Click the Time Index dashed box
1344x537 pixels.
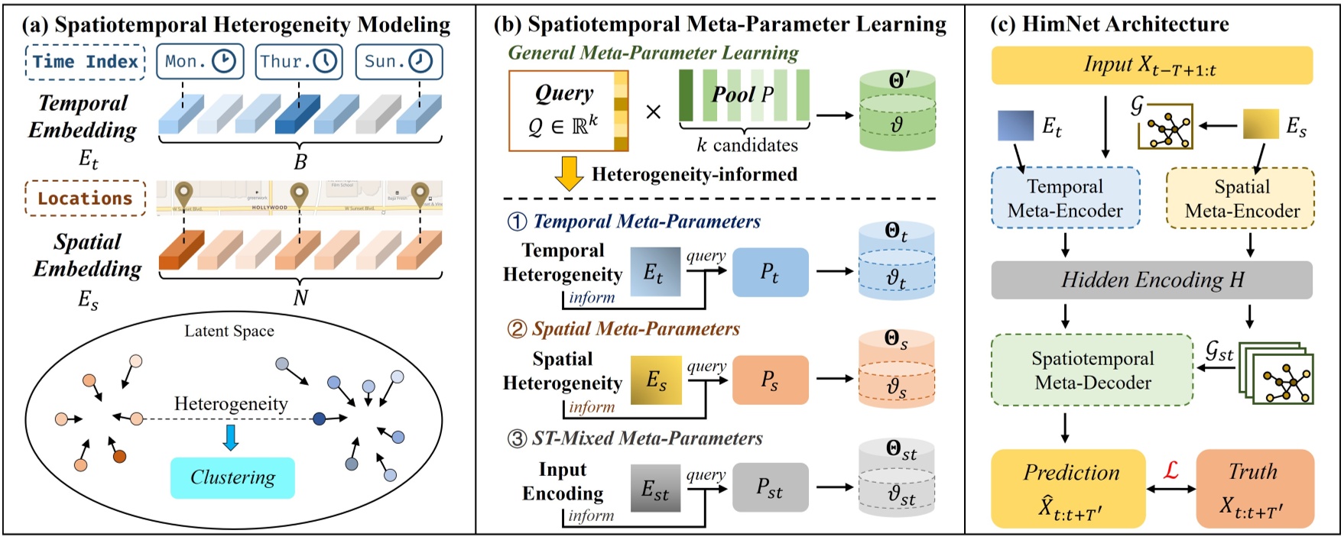click(85, 62)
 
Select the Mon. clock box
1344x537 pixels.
click(200, 62)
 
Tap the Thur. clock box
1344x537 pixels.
click(299, 62)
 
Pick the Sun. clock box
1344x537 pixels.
click(398, 62)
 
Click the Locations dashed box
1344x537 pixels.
click(85, 199)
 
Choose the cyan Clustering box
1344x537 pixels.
click(232, 478)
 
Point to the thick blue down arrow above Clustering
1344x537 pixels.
click(230, 438)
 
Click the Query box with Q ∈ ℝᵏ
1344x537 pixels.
click(569, 111)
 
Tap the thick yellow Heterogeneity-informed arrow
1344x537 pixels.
click(569, 173)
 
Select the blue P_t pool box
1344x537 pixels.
click(770, 272)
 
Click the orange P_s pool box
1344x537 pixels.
click(770, 380)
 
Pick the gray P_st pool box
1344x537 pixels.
click(770, 487)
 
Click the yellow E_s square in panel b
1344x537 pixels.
click(656, 380)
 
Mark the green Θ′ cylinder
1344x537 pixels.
click(898, 111)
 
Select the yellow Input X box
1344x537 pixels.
click(1151, 65)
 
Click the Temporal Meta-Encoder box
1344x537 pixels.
click(1065, 199)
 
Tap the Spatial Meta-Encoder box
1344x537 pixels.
click(1240, 199)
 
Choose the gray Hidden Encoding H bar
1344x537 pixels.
click(1151, 280)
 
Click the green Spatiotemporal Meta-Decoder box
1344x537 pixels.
click(1092, 370)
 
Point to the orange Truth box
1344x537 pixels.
click(1254, 489)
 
